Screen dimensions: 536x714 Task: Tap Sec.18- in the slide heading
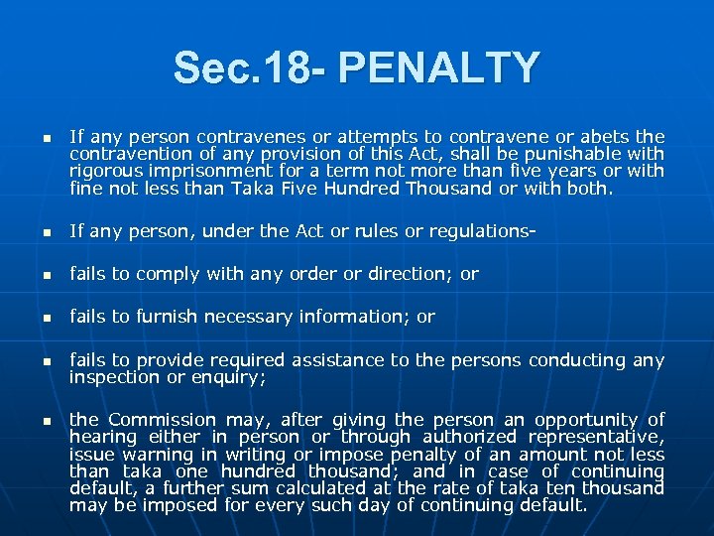pos(249,67)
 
